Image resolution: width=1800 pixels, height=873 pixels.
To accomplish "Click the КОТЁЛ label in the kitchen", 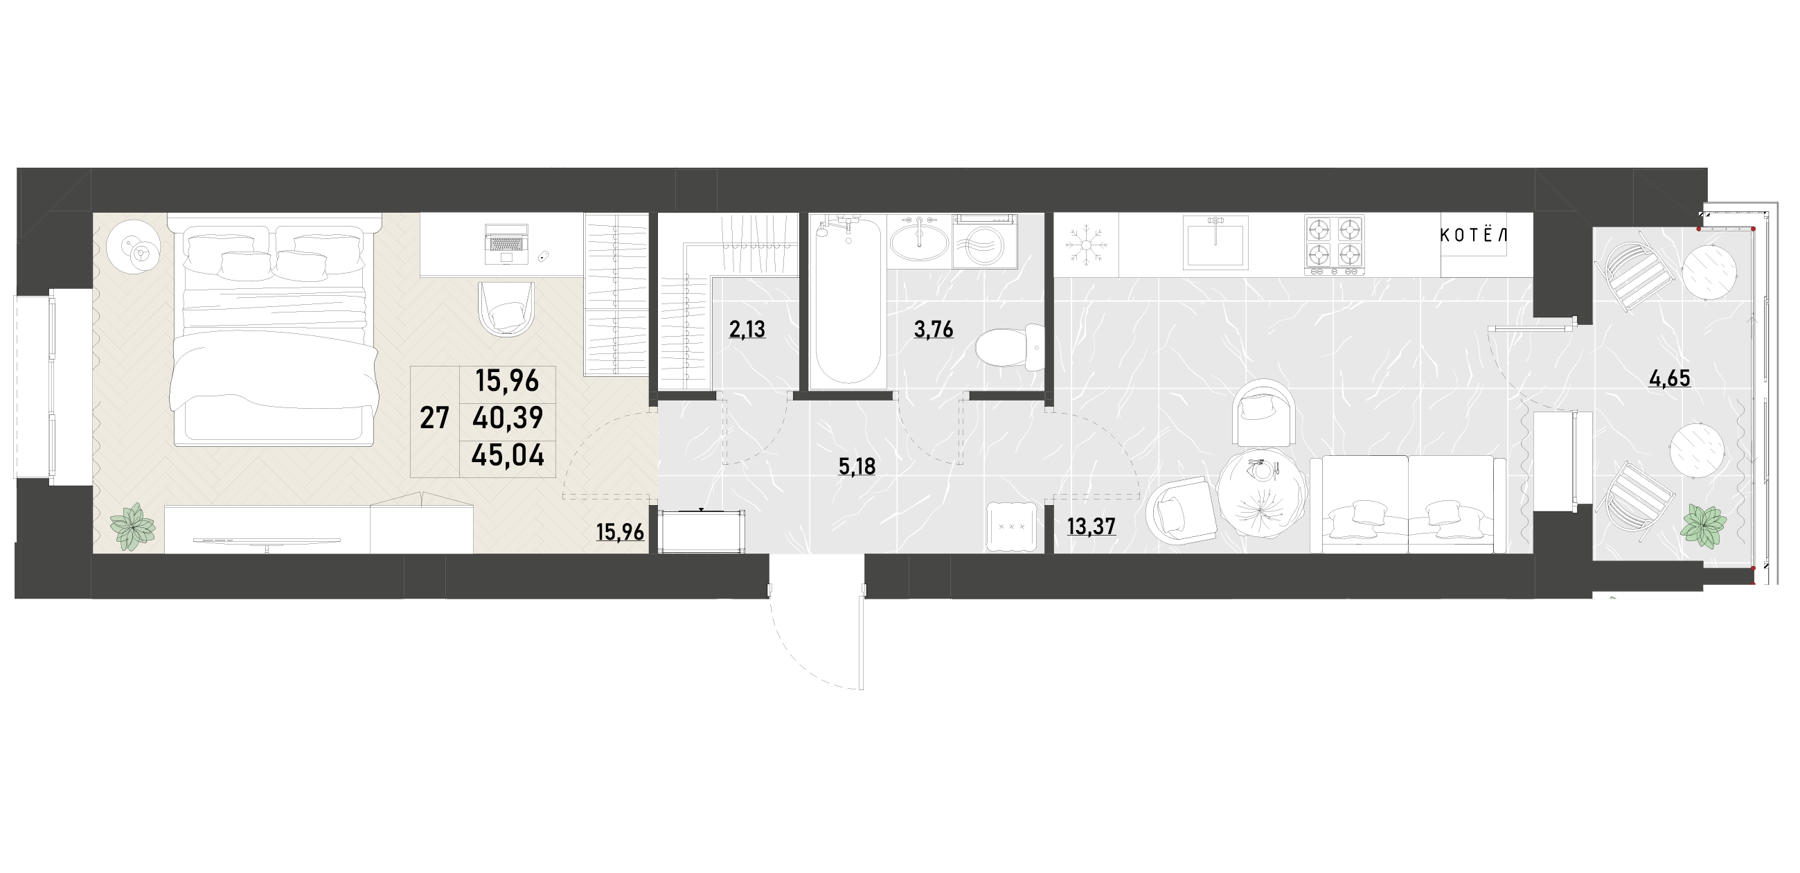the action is [x=1473, y=236].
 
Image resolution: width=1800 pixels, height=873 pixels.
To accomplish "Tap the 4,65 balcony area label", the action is [x=1669, y=379].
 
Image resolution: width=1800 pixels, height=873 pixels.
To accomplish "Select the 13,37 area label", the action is [x=1091, y=527].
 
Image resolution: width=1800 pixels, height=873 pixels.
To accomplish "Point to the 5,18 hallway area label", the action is [x=857, y=467].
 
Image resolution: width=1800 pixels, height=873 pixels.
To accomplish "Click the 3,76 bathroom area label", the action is [x=934, y=329].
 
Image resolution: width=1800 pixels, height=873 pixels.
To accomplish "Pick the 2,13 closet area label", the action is [x=747, y=328].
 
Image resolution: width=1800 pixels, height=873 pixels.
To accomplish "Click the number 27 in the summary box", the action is [x=434, y=418].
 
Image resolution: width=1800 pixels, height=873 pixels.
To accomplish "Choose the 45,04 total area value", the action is [x=508, y=456].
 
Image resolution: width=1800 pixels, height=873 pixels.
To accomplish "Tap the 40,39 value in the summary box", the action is [x=508, y=418].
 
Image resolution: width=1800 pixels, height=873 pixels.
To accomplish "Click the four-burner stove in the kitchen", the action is [x=1334, y=245].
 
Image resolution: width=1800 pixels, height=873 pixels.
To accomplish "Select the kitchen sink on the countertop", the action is [x=1215, y=242].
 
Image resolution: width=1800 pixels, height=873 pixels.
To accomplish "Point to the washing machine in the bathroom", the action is [x=984, y=241].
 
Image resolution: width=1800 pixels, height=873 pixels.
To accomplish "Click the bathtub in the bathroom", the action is [x=848, y=301].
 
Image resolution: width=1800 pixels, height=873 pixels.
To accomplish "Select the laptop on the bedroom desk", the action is [x=506, y=245].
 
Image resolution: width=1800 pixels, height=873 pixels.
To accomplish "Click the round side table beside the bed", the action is [x=135, y=248].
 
